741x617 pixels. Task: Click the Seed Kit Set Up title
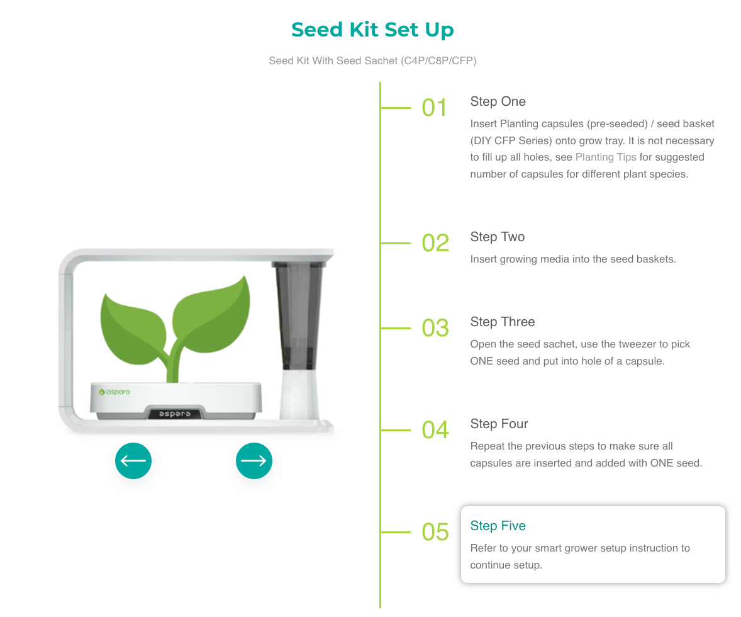coord(372,30)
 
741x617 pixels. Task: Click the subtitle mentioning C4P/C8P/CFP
coord(372,60)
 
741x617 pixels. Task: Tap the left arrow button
coord(133,461)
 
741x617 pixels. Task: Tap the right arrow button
coord(253,461)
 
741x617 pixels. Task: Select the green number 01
coord(434,108)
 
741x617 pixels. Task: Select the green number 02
coord(435,243)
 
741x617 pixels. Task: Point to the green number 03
coord(435,328)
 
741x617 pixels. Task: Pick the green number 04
coord(435,430)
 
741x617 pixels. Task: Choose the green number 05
coord(435,532)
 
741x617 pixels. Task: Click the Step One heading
coord(498,102)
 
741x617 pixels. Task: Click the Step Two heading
coord(497,237)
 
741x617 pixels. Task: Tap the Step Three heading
coord(503,322)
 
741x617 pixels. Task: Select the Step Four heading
coord(499,424)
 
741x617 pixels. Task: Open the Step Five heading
coord(498,526)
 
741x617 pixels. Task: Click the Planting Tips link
coord(605,157)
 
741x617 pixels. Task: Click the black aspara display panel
coord(174,414)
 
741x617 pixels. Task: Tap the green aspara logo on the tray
coord(114,392)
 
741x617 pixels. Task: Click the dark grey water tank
coord(298,315)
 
